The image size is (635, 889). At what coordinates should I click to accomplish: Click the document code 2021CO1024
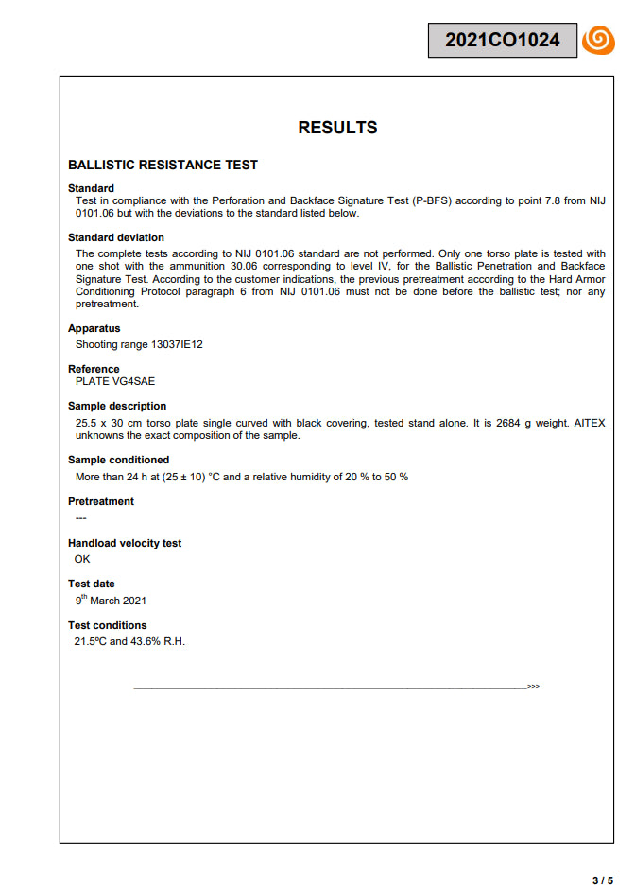point(502,40)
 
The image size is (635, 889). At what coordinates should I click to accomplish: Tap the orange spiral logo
point(598,40)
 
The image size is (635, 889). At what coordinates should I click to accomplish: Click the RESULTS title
point(337,128)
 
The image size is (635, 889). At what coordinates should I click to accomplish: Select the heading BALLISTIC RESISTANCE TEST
point(163,165)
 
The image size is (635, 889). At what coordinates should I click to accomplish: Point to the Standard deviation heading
point(116,237)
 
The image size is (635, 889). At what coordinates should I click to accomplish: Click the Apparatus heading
point(94,328)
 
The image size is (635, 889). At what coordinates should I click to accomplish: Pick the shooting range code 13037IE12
point(177,344)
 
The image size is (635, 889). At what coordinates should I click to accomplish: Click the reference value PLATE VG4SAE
point(115,381)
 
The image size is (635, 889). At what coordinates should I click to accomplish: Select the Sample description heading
point(118,406)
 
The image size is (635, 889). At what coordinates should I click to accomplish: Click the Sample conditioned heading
point(118,460)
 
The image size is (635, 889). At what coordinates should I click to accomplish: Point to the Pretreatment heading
point(101,501)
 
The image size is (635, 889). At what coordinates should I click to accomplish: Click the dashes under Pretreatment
point(80,517)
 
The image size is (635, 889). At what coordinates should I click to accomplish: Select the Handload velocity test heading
point(125,543)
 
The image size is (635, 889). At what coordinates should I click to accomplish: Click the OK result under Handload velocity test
point(82,559)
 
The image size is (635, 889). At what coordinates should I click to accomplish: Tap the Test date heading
point(92,584)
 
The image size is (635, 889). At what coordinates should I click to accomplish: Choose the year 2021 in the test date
point(133,601)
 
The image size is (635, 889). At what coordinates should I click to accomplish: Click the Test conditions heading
point(108,625)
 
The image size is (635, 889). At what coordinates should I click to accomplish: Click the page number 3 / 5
point(602,880)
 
